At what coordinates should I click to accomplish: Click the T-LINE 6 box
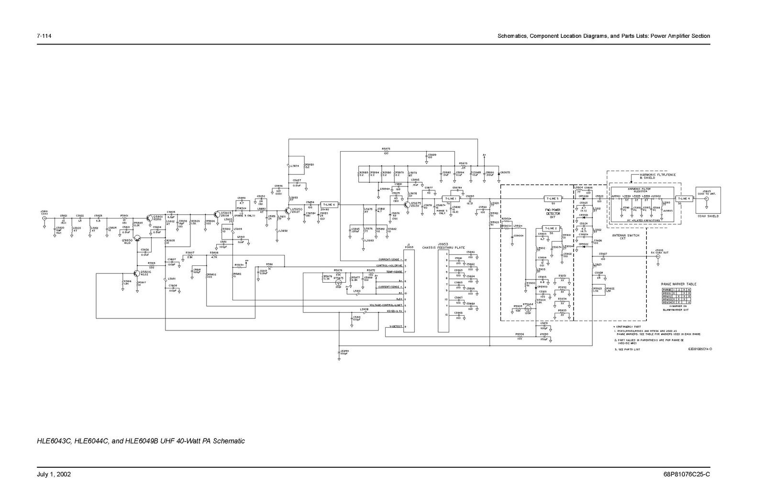click(x=328, y=204)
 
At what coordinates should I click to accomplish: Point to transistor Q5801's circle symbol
click(x=150, y=218)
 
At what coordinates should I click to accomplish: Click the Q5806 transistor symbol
click(x=137, y=273)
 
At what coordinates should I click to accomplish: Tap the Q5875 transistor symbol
click(x=406, y=205)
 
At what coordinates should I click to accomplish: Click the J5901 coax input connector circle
click(x=44, y=218)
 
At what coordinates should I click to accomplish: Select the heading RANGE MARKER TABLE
click(x=679, y=284)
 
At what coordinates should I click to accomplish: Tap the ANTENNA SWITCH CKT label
click(x=622, y=237)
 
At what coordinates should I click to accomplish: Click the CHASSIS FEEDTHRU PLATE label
click(x=443, y=248)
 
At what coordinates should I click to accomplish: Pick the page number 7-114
click(x=44, y=36)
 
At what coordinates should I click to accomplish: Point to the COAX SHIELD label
click(x=708, y=216)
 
